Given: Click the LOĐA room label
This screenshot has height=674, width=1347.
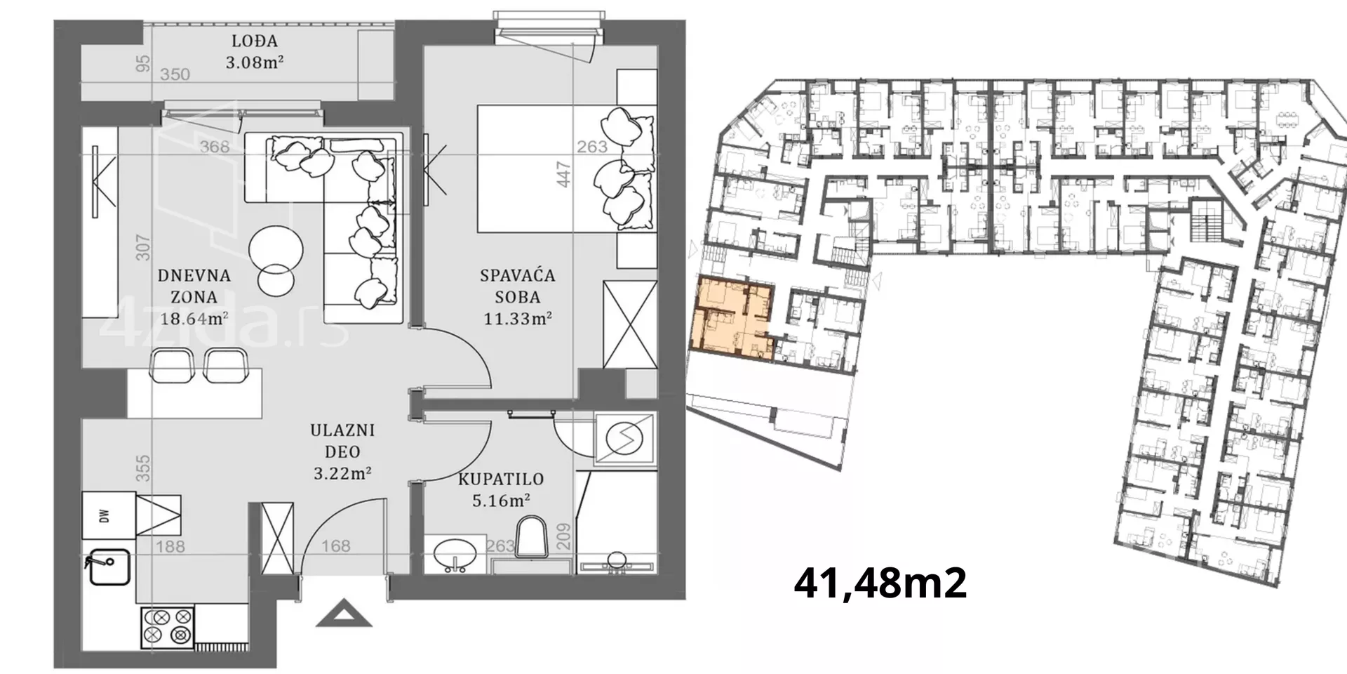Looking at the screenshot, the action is pyautogui.click(x=254, y=41).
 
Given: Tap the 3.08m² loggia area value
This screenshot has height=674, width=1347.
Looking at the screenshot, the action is pyautogui.click(x=254, y=62).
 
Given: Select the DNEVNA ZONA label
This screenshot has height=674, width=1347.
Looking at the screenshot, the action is pyautogui.click(x=194, y=286).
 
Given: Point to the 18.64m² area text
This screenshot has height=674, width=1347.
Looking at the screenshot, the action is pyautogui.click(x=194, y=318).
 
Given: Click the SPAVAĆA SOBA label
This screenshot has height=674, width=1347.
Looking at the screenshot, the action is pyautogui.click(x=518, y=286).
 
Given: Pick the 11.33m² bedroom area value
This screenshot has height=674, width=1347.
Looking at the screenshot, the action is pyautogui.click(x=518, y=318).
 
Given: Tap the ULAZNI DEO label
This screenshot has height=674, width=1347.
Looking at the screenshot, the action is pyautogui.click(x=342, y=441).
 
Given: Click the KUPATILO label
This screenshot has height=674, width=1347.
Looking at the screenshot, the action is pyautogui.click(x=501, y=480).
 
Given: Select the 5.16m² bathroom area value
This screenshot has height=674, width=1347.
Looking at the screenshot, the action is pyautogui.click(x=501, y=501).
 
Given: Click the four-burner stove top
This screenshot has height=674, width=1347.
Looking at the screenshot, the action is pyautogui.click(x=168, y=626).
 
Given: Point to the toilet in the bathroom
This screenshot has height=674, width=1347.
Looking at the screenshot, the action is pyautogui.click(x=531, y=538).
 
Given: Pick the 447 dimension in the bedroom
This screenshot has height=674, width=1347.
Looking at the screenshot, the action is pyautogui.click(x=564, y=174).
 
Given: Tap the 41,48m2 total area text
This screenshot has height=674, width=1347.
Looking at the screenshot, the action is pyautogui.click(x=880, y=583).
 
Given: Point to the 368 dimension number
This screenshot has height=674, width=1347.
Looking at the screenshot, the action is pyautogui.click(x=215, y=147).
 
